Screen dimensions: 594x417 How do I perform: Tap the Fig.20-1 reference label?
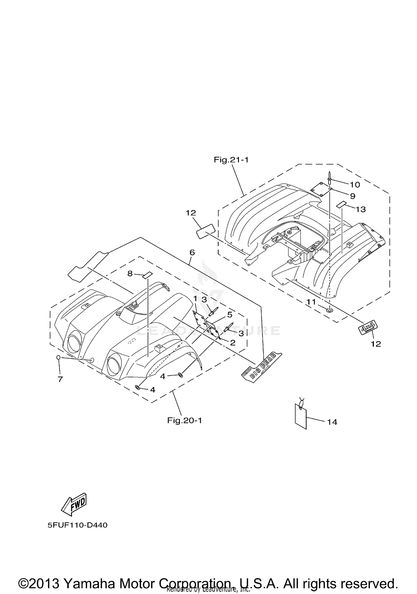184,420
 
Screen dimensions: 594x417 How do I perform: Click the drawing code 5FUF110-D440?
77,525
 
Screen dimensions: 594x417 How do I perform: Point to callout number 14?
332,422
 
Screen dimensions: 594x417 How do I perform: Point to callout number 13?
361,209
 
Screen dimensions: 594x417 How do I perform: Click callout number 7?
60,379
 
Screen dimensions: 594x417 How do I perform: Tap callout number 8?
130,273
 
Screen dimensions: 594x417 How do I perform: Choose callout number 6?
192,252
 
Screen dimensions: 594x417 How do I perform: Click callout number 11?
311,302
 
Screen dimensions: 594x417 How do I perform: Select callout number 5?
229,315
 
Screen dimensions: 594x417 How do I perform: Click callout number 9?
352,196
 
